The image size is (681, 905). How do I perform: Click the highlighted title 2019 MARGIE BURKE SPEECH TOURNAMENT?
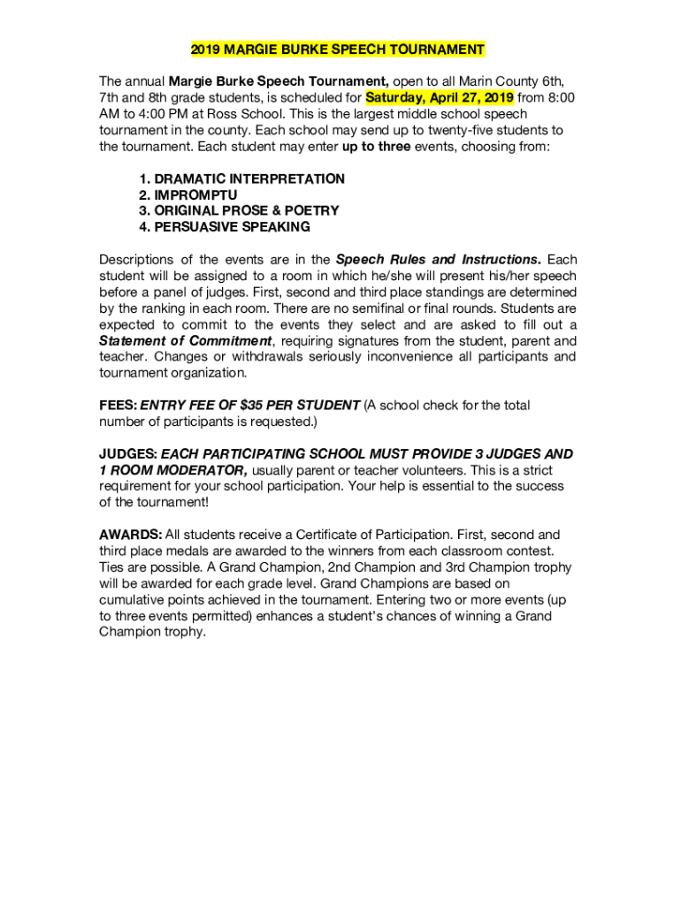(339, 49)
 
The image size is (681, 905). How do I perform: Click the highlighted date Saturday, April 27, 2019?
(440, 98)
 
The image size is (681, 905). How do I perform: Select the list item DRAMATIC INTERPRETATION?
(249, 179)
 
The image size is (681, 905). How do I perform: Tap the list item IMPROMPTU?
(195, 195)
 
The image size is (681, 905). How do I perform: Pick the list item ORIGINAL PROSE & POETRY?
(246, 211)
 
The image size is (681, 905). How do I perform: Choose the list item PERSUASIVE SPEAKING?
(232, 227)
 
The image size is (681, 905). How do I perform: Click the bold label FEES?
(118, 406)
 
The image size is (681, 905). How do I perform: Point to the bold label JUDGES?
(127, 454)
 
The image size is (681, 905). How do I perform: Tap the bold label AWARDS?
(130, 536)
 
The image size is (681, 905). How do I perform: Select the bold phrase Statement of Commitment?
(186, 341)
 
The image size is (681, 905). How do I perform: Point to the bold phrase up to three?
(376, 147)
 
